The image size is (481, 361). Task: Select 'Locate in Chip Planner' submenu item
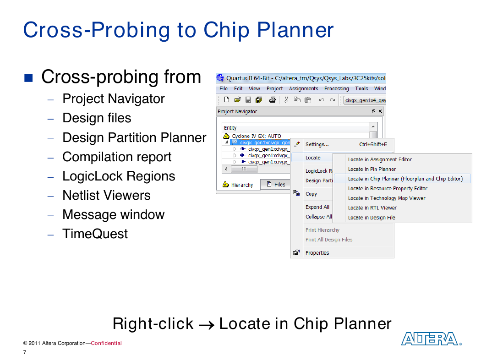point(405,179)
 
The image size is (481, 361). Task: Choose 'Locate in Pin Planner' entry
point(372,169)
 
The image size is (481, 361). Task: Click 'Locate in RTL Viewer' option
point(372,208)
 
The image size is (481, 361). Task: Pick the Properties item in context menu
point(317,253)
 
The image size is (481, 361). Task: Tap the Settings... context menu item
point(317,144)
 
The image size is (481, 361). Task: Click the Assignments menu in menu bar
point(303,88)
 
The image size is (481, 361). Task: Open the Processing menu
point(337,88)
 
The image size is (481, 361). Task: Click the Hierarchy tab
point(238,184)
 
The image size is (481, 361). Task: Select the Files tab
point(276,184)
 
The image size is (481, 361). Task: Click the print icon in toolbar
point(273,100)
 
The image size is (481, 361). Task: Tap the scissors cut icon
point(286,100)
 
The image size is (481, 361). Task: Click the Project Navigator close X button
point(380,111)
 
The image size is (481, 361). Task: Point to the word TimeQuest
point(95,234)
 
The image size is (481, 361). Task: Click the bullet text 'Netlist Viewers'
point(106,195)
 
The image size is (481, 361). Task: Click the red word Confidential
point(106,343)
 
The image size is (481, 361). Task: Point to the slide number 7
point(25,352)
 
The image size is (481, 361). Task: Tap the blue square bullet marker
point(28,78)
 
